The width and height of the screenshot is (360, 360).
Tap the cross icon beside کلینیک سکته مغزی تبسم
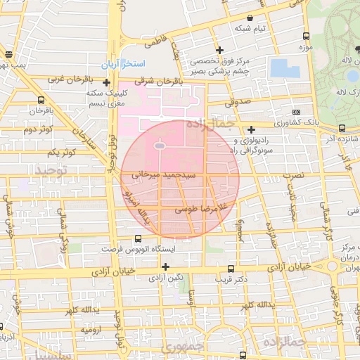click(x=105, y=82)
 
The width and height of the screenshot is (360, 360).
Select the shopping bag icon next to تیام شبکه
click(x=250, y=18)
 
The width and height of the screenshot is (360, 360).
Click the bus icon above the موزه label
click(x=305, y=36)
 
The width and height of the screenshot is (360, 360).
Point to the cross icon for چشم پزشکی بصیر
click(x=220, y=50)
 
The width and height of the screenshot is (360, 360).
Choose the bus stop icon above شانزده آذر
click(x=342, y=128)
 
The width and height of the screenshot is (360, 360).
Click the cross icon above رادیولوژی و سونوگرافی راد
click(x=251, y=129)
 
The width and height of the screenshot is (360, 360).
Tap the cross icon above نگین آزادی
click(x=165, y=266)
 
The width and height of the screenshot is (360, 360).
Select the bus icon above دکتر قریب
click(x=231, y=269)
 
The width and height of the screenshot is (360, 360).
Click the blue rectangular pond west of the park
click(x=284, y=68)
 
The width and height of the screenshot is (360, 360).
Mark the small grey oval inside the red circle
click(x=160, y=146)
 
